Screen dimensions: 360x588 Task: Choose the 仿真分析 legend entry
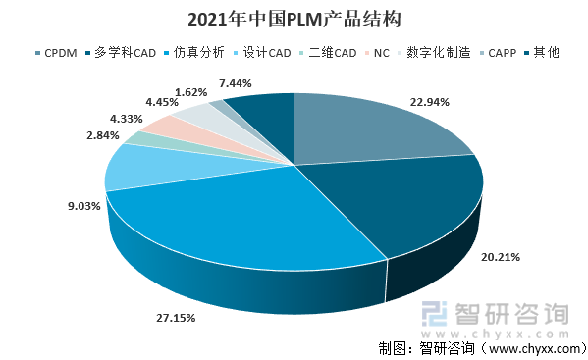click(x=199, y=52)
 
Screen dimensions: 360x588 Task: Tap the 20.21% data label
click(x=500, y=257)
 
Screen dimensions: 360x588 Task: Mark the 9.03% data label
click(x=83, y=206)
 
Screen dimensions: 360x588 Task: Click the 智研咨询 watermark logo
click(x=496, y=316)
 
